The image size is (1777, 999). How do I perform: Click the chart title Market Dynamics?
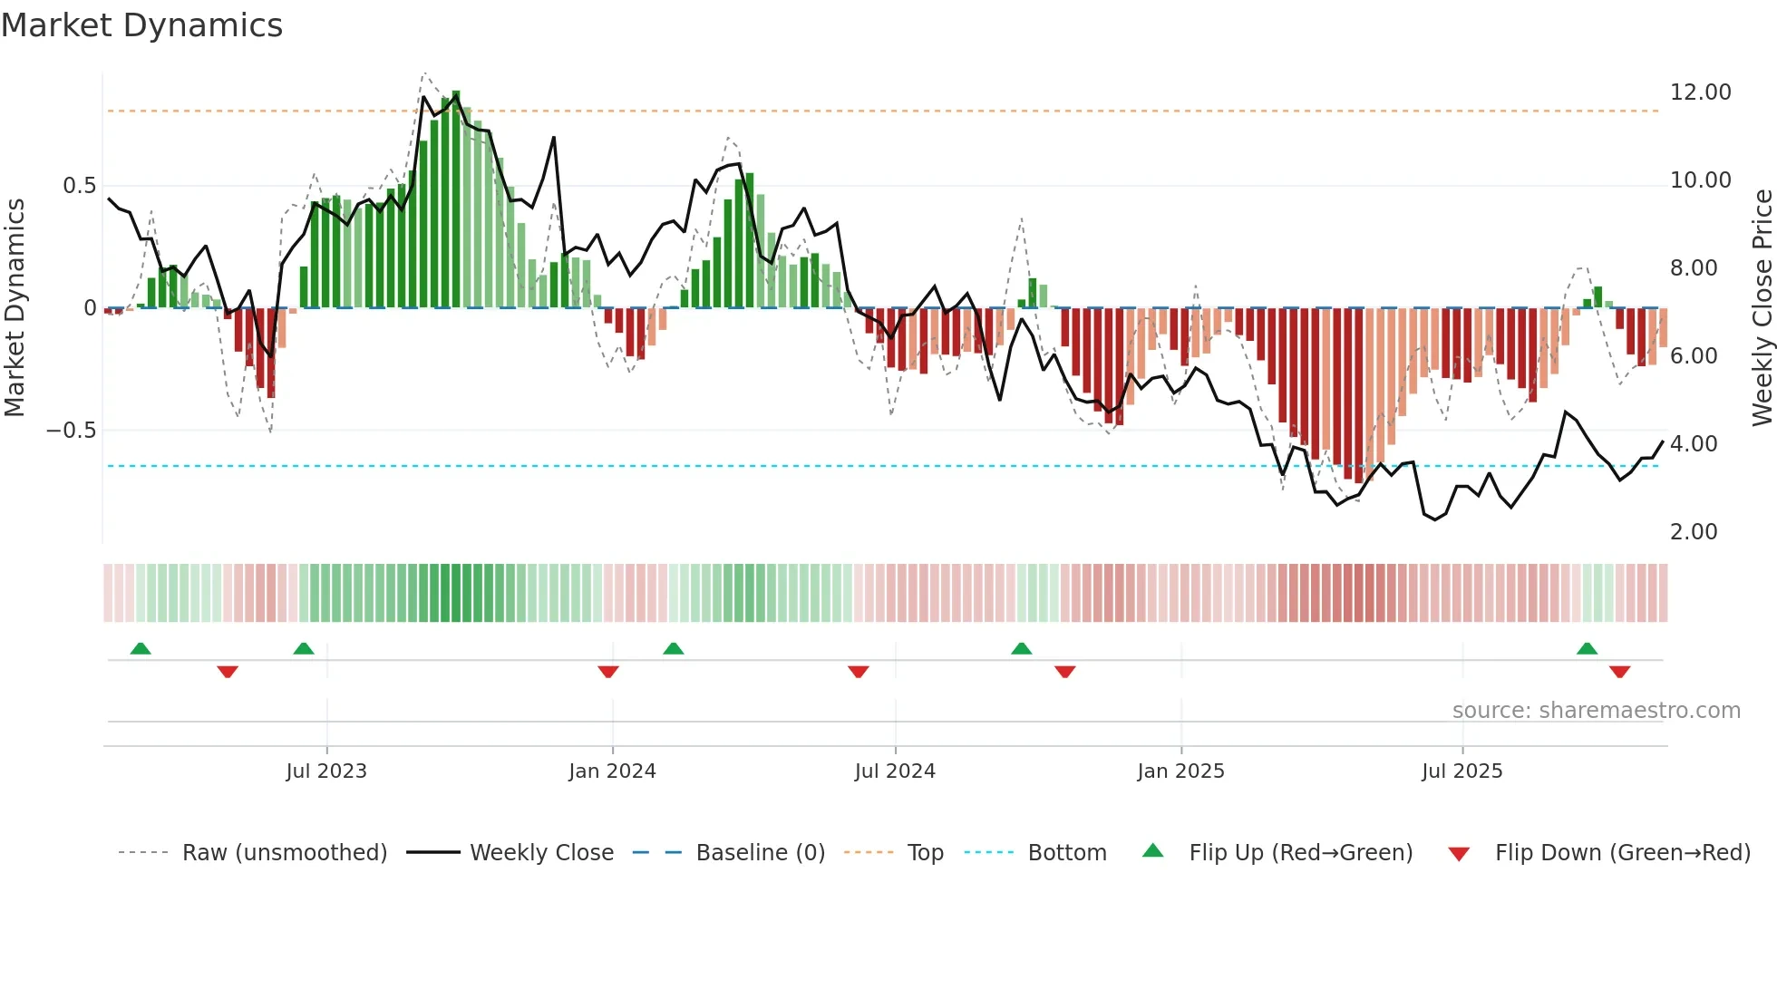(141, 25)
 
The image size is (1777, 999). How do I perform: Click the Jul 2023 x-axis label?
(326, 771)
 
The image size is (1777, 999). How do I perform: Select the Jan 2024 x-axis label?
(612, 771)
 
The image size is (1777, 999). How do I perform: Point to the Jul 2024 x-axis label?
(895, 771)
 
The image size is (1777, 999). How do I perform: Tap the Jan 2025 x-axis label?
(1180, 771)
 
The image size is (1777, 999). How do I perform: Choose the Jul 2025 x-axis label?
(1461, 771)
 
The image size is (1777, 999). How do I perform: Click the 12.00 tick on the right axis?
(1700, 92)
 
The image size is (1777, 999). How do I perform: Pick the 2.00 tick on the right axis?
(1694, 532)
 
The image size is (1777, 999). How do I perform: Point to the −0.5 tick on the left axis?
(71, 431)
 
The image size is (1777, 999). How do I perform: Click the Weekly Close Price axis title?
(1762, 307)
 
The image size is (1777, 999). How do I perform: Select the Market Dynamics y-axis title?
(15, 307)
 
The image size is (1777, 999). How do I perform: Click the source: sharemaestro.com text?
(1596, 711)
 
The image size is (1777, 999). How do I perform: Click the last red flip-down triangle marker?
(1619, 672)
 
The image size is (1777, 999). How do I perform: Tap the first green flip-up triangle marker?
(141, 648)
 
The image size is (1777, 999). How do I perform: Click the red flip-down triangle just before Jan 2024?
(608, 672)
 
